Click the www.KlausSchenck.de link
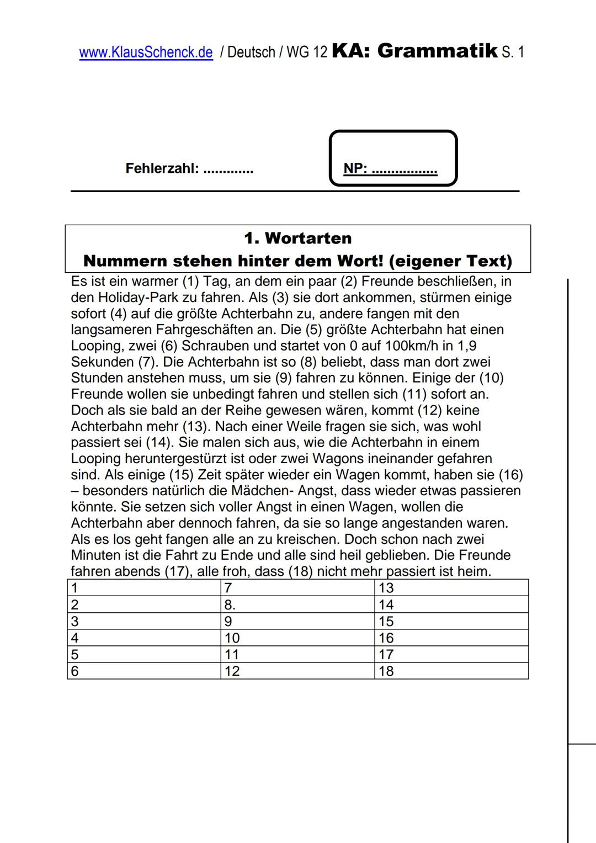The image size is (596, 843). [146, 52]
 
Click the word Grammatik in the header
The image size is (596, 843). [438, 51]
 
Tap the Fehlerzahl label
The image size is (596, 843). [162, 168]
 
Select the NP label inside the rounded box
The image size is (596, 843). [355, 168]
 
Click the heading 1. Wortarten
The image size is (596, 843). [297, 238]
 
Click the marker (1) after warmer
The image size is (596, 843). [190, 282]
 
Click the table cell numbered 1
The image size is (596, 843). [144, 588]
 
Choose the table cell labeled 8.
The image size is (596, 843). [297, 605]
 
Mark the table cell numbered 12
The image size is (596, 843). [297, 671]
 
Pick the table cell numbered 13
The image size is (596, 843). [451, 588]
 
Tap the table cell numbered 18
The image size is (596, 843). [451, 671]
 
